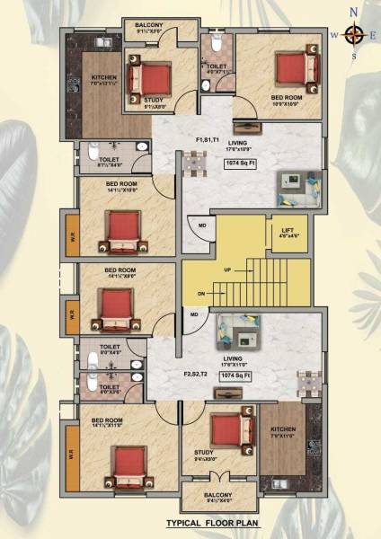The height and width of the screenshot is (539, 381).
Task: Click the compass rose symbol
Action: [x=355, y=35]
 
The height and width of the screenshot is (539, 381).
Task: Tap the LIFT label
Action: [x=288, y=231]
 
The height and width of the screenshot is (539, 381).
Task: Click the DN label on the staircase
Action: [x=202, y=294]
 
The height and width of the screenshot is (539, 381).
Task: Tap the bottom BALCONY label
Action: [x=217, y=495]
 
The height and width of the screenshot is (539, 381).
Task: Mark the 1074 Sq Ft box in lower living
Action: [x=234, y=378]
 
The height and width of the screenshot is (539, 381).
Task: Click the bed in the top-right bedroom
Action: [x=290, y=68]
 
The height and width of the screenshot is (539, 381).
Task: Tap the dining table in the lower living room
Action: [x=306, y=380]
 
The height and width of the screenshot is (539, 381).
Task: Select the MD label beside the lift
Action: [x=202, y=224]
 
